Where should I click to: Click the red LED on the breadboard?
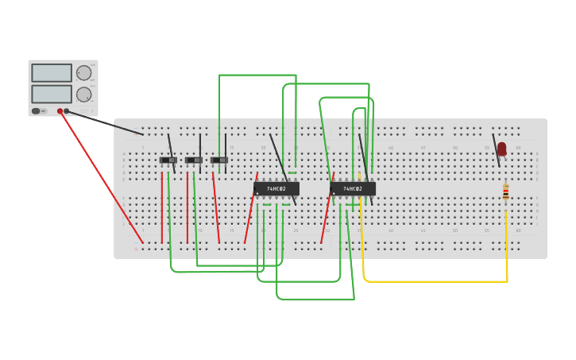click(x=501, y=148)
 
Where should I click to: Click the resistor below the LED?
click(x=505, y=192)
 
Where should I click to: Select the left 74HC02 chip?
click(x=276, y=189)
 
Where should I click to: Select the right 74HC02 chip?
click(x=353, y=189)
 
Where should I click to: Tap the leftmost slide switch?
click(x=168, y=161)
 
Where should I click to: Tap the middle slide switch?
click(x=193, y=161)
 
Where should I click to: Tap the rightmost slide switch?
click(x=218, y=161)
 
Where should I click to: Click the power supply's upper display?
click(x=52, y=73)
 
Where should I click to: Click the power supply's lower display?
click(x=52, y=94)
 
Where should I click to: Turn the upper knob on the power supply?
click(x=83, y=73)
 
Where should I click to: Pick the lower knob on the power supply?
click(x=83, y=94)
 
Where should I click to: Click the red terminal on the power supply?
click(x=60, y=111)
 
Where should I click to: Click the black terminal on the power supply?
click(x=67, y=111)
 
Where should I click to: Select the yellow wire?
click(x=435, y=281)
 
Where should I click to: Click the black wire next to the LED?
click(x=497, y=151)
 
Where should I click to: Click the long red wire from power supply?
click(x=101, y=176)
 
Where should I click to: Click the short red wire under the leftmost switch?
click(x=162, y=207)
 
